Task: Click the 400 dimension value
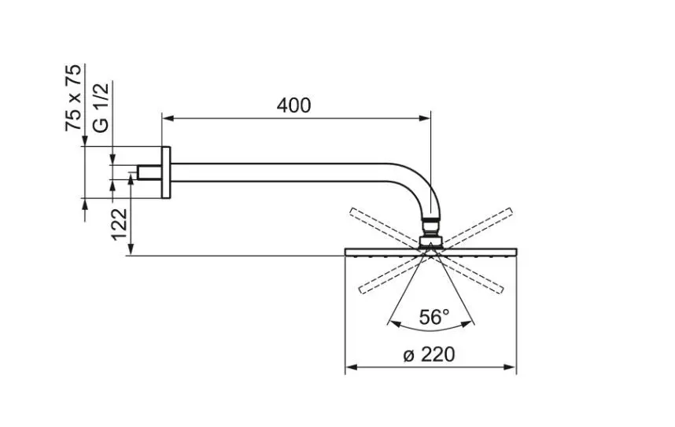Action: coord(293,105)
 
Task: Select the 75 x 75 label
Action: coord(73,98)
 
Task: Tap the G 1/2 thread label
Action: coord(100,106)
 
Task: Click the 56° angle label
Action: coord(433,317)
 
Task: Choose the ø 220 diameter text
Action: coord(429,355)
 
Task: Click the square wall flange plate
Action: coord(166,172)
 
